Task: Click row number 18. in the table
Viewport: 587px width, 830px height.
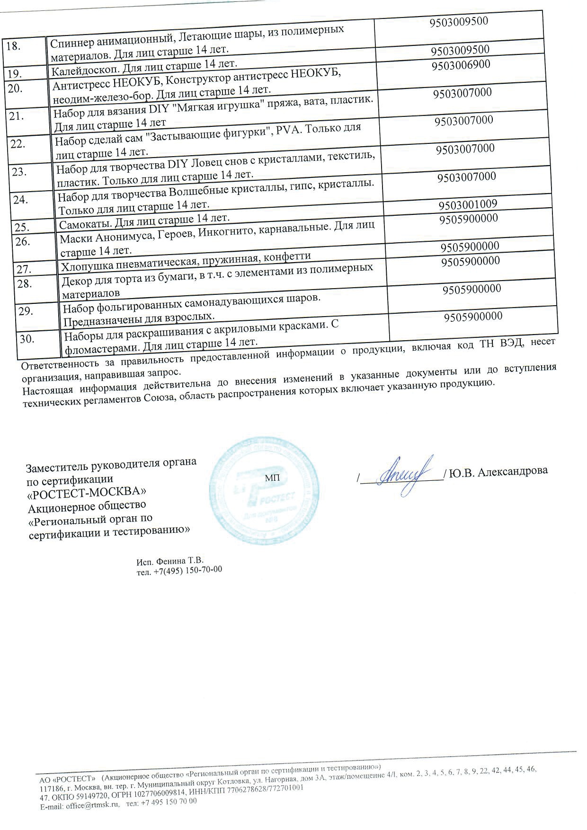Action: pos(14,46)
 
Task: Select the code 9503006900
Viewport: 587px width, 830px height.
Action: pos(461,65)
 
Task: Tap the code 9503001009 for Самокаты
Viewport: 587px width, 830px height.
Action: pos(468,205)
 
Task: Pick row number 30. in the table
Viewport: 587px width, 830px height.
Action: pos(27,339)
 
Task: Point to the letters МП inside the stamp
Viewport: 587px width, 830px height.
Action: pos(272,478)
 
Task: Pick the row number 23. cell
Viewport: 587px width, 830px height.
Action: pos(19,172)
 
